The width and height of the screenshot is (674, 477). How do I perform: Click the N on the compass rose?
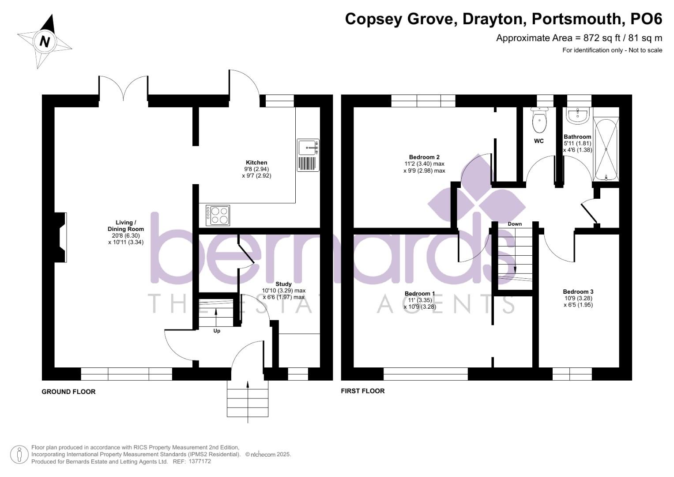pyautogui.click(x=44, y=42)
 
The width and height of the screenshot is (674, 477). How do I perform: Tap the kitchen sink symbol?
pyautogui.click(x=308, y=155)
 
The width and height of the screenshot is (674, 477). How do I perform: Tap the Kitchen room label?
pyautogui.click(x=256, y=163)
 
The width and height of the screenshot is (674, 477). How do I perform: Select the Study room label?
pyautogui.click(x=283, y=284)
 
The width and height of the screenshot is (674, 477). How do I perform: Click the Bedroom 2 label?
pyautogui.click(x=424, y=157)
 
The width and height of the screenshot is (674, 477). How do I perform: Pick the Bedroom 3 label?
pyautogui.click(x=578, y=291)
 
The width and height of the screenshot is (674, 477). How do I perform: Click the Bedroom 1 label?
pyautogui.click(x=420, y=294)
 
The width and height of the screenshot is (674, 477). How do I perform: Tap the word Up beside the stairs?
pyautogui.click(x=217, y=331)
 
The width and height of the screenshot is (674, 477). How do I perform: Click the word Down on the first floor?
pyautogui.click(x=515, y=224)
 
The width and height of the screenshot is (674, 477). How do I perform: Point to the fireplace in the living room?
pyautogui.click(x=60, y=238)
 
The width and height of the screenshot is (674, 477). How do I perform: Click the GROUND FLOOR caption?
pyautogui.click(x=68, y=392)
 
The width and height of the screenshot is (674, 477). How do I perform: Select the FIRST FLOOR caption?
pyautogui.click(x=362, y=391)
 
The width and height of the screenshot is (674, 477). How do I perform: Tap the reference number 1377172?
pyautogui.click(x=200, y=462)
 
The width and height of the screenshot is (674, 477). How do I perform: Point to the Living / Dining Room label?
pyautogui.click(x=126, y=226)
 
